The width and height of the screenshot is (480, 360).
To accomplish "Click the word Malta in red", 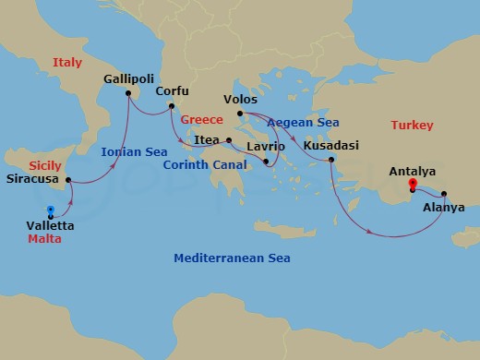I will [x=45, y=239].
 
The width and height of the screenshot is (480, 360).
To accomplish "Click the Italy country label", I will [x=67, y=62].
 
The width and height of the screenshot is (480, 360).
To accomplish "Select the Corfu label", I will [x=174, y=91].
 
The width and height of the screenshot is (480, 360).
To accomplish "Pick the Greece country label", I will [x=203, y=120].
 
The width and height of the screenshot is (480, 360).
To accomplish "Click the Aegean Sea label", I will [x=303, y=122].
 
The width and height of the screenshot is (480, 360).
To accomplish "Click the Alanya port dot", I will [x=444, y=194].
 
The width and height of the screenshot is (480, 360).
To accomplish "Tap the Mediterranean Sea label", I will [x=232, y=258].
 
